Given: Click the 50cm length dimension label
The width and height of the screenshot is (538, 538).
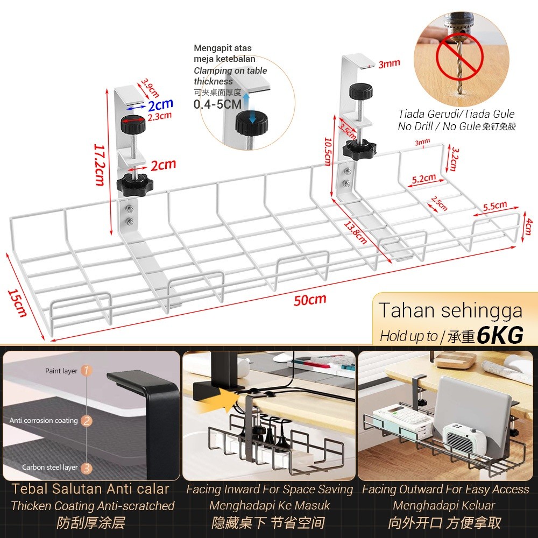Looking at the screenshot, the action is pos(310,300).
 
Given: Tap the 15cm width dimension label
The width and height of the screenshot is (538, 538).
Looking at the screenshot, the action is pos(17,303).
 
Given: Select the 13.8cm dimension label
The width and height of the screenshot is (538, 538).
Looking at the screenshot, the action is pos(355,232).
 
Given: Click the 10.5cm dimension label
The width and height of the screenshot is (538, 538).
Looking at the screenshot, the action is pos(328,151).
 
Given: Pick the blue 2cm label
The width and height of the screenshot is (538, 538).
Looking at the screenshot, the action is pos(160,104).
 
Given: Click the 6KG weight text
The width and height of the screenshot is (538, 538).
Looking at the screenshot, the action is pos(500,335).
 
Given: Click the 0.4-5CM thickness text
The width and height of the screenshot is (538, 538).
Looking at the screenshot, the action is pos(217,104).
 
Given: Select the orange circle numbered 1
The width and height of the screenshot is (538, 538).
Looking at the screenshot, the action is pos(86,371).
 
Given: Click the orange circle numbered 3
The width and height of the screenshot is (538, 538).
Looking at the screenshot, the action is pos(87,468).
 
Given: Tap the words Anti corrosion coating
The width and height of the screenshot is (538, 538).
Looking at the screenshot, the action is pos(44,421).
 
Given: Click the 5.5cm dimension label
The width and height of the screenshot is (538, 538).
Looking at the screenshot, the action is pos(495,206).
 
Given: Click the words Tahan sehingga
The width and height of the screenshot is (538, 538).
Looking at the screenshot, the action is pos(450,310).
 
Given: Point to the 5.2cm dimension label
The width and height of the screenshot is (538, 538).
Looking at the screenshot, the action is pos(424,179).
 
